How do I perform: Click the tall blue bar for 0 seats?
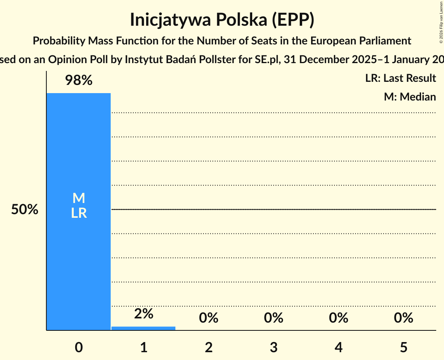click(78, 253)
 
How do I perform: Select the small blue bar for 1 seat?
click(143, 328)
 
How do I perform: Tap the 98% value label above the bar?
click(78, 81)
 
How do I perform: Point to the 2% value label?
click(143, 314)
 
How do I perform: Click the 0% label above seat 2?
click(209, 318)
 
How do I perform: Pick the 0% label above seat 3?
click(273, 318)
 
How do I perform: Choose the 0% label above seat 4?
click(338, 318)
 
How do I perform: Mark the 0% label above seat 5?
click(403, 318)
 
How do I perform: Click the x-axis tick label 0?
click(79, 347)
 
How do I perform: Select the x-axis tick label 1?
click(143, 347)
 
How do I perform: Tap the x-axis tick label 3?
click(273, 347)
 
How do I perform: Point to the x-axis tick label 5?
click(403, 347)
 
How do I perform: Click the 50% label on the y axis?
click(25, 210)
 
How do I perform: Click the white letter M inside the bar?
click(79, 198)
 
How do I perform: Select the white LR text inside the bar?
click(79, 213)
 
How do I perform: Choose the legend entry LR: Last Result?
click(400, 78)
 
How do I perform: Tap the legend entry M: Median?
click(410, 97)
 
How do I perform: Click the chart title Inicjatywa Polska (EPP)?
click(222, 20)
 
